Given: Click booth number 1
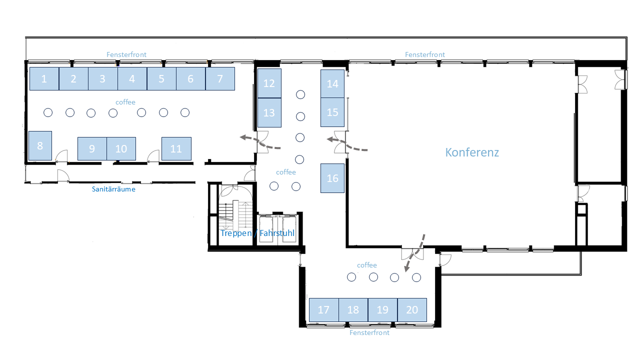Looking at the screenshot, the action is pos(44,79).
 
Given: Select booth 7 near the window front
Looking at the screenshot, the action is pos(220,79).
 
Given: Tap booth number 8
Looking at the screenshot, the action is pos(40,145).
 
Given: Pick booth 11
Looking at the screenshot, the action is pos(176,148).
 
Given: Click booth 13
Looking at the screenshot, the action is pos(269,112).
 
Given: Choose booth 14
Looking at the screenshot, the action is pos(332,83).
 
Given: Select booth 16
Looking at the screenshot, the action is pos(332,178).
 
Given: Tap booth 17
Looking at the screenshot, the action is pos(323,310).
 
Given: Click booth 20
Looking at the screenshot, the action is pos(412,310).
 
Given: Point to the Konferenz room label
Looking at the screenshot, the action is pos(472,152).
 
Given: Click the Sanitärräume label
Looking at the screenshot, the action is pos(113,189).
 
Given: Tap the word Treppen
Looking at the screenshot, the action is pos(236,233).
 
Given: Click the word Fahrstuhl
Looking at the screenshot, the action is pos(277,233).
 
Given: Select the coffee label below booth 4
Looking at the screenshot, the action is pos(125,102).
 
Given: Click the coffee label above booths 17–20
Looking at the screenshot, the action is pos(367,265).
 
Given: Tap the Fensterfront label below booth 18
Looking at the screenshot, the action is pos(369,332).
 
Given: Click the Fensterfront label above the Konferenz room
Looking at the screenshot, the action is pos(425,54).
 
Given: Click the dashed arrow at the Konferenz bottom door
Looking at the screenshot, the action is pos(415,253).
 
